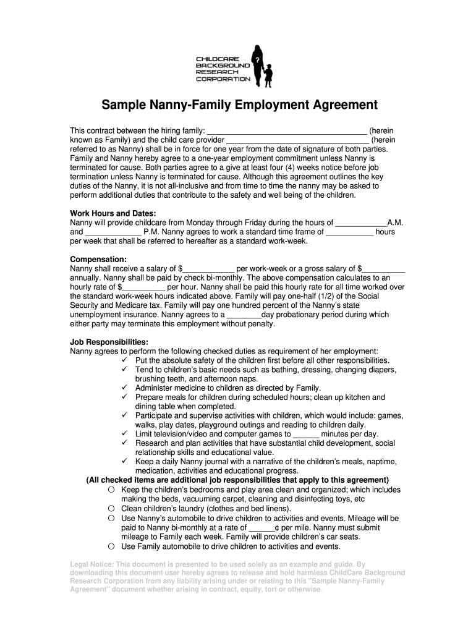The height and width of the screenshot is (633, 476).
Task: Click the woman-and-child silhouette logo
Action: (263, 65)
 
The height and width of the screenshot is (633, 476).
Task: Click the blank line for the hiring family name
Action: (286, 131)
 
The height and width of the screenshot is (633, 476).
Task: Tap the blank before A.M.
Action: (361, 223)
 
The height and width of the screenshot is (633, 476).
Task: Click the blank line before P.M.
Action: (112, 232)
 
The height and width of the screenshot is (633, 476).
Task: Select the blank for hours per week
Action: (349, 232)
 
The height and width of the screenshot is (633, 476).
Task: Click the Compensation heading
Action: (98, 259)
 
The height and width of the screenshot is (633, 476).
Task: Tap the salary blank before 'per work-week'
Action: (209, 269)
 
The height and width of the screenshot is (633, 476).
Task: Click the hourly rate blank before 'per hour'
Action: (143, 287)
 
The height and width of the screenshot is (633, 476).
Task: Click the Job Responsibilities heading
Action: (109, 342)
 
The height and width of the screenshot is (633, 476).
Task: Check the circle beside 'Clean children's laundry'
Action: (111, 509)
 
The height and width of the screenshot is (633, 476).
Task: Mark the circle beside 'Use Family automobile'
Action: (111, 546)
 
